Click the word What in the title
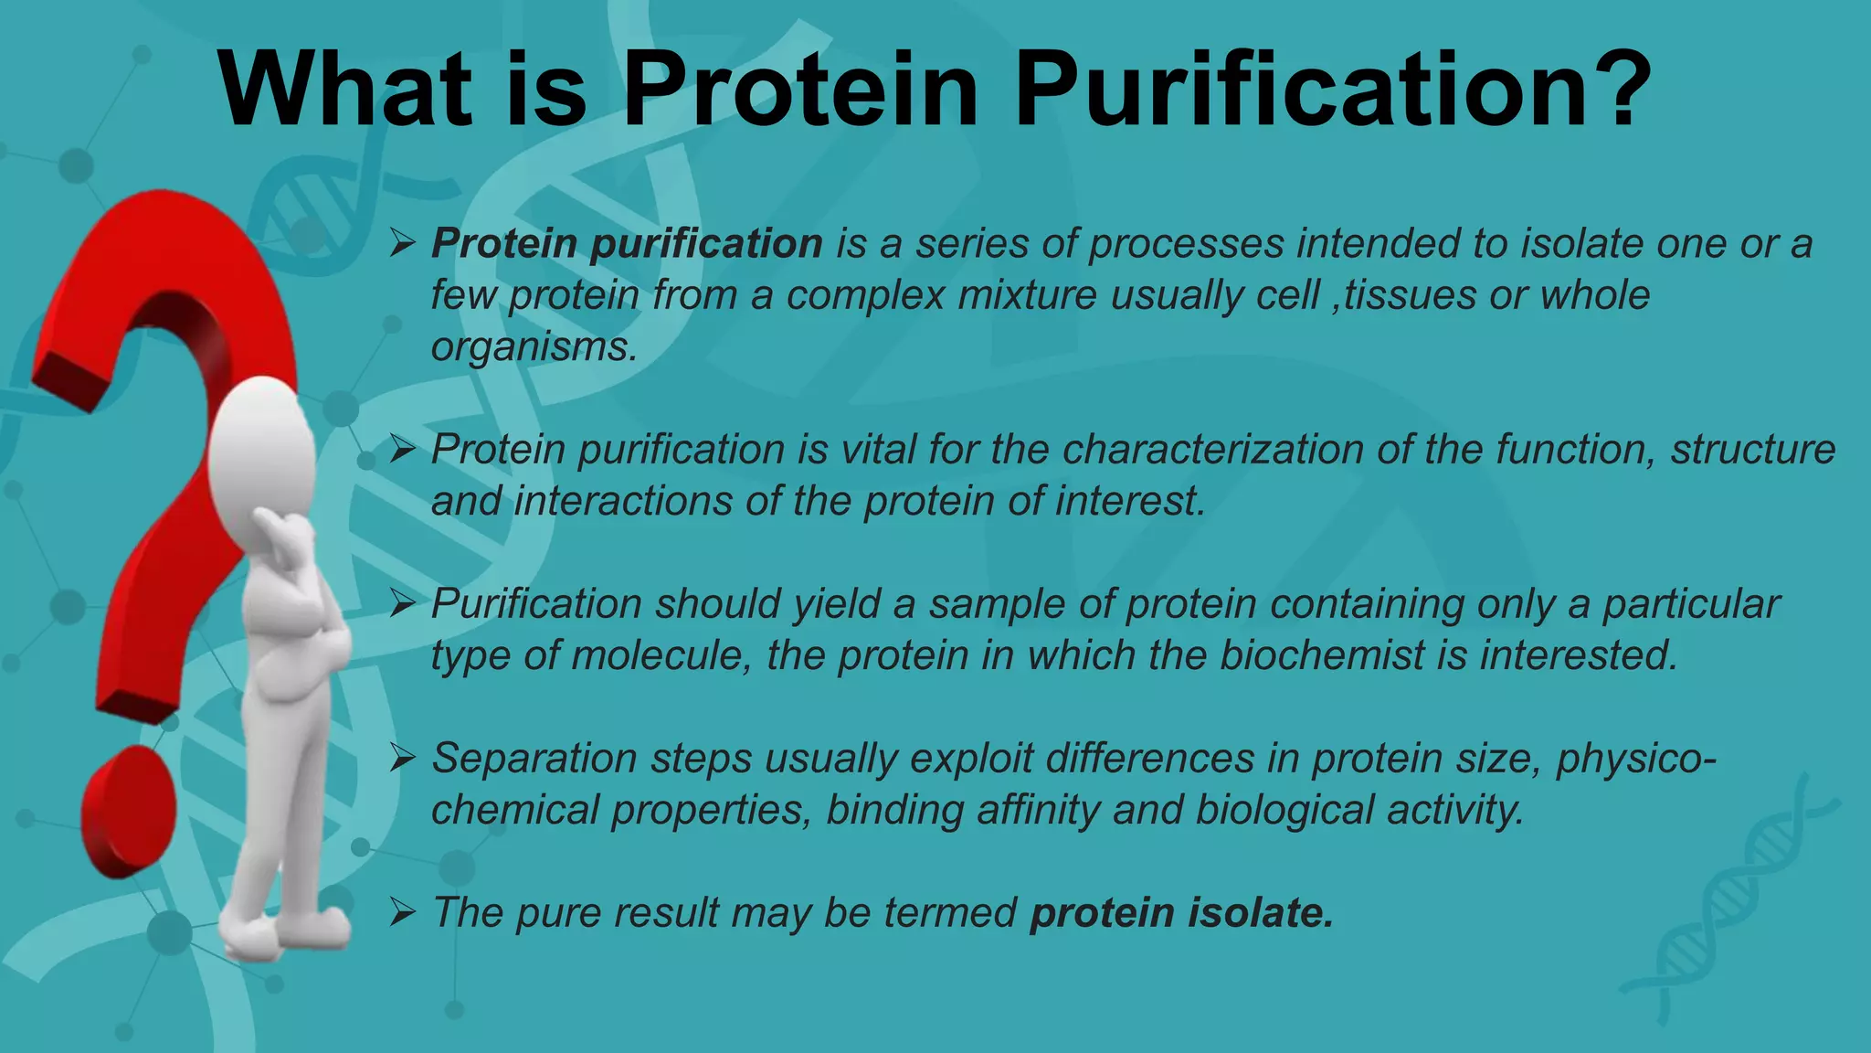coord(345,90)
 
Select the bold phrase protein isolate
coord(1181,912)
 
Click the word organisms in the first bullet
coord(533,347)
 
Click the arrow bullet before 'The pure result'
coord(402,912)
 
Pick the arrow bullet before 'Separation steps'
coord(402,758)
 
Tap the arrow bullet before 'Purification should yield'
coord(402,603)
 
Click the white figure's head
coord(262,457)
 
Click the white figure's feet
coord(283,932)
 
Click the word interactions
coord(622,501)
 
